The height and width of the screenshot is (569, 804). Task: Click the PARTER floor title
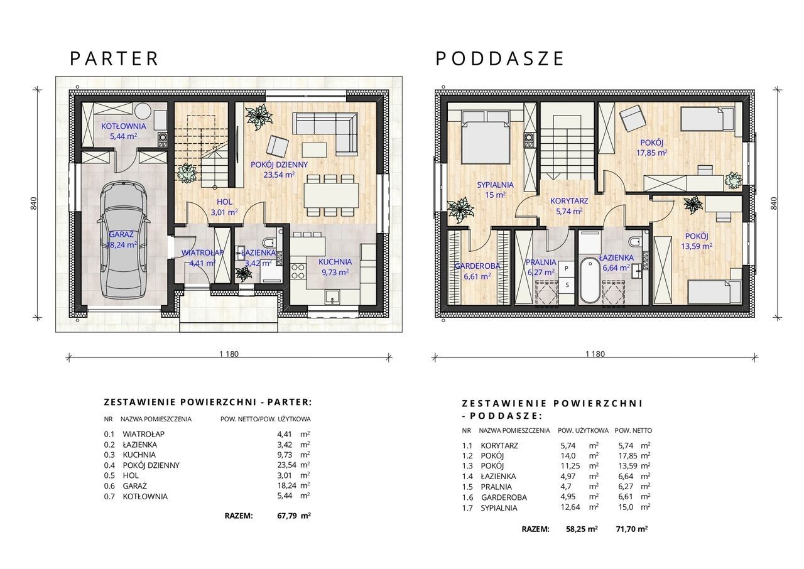coord(114,59)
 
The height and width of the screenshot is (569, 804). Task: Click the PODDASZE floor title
coord(499,59)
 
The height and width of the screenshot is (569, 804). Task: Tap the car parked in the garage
coord(122,239)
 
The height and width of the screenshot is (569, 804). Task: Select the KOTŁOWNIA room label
coord(124,126)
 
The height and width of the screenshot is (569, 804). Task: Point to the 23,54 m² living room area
coord(280,175)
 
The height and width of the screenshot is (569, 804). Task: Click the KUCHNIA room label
coord(335,262)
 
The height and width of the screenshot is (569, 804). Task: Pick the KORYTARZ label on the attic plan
coord(569,201)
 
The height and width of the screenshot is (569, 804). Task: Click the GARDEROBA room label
coord(477,266)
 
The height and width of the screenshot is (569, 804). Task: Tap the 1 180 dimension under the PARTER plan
coord(229,354)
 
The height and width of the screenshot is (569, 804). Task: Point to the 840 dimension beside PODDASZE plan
coord(774,203)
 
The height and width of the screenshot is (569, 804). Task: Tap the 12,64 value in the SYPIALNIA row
coord(569,507)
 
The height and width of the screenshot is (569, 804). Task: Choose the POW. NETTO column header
coord(634,430)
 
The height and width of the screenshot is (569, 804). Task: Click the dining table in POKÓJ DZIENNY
coord(331,195)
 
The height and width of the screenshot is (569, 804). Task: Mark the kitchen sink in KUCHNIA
coord(333,296)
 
